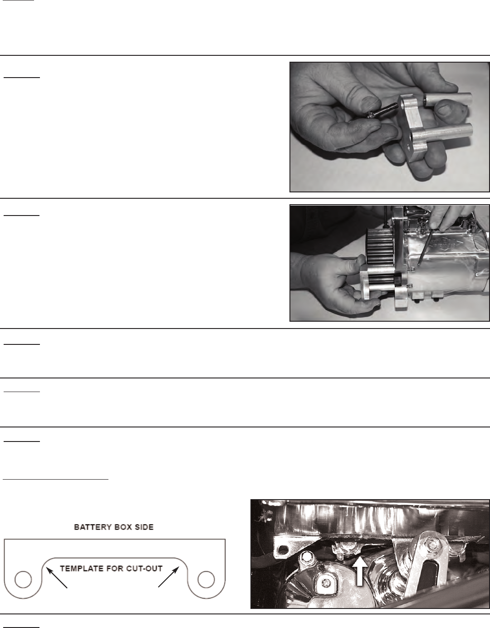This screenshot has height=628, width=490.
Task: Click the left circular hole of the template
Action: (x=23, y=579)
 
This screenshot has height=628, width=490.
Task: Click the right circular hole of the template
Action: (x=206, y=579)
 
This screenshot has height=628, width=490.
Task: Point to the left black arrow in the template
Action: (x=57, y=578)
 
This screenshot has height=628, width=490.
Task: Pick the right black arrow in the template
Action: (x=169, y=578)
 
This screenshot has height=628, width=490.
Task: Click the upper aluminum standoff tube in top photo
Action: (x=447, y=100)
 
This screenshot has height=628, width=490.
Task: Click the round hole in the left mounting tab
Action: (x=283, y=548)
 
